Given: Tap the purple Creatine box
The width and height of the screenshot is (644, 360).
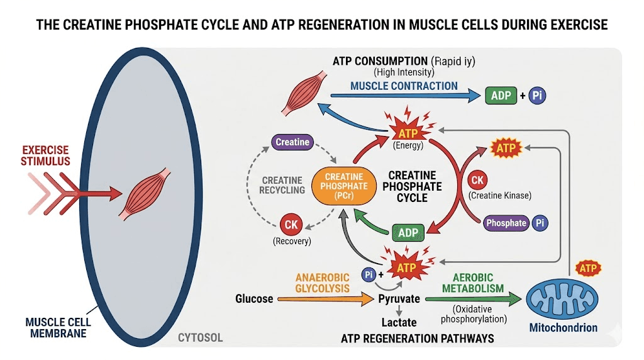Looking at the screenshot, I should pyautogui.click(x=292, y=142).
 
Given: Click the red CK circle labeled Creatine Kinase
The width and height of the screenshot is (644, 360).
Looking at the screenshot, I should pyautogui.click(x=477, y=181).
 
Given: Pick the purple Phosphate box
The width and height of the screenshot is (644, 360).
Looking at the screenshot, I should pyautogui.click(x=506, y=223).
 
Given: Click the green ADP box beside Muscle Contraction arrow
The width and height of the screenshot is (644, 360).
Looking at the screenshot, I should pyautogui.click(x=501, y=96).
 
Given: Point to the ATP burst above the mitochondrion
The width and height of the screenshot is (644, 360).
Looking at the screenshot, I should pyautogui.click(x=589, y=269).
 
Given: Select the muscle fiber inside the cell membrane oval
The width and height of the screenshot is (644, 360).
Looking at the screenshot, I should pyautogui.click(x=146, y=194).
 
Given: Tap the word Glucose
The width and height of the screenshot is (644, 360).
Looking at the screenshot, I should pyautogui.click(x=254, y=298).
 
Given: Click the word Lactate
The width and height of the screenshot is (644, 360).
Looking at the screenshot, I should pyautogui.click(x=399, y=323).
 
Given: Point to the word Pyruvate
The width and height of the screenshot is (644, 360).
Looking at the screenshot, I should pyautogui.click(x=399, y=298).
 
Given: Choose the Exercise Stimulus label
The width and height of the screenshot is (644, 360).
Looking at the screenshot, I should pyautogui.click(x=47, y=156).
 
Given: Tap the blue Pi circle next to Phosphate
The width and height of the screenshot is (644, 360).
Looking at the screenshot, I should pyautogui.click(x=540, y=223).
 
